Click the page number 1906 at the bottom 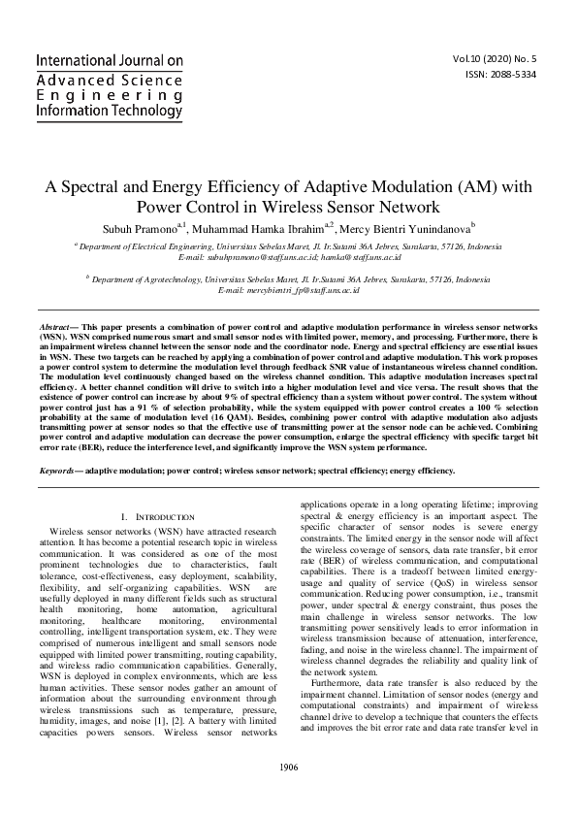tap(288, 768)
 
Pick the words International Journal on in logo tap(110, 61)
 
